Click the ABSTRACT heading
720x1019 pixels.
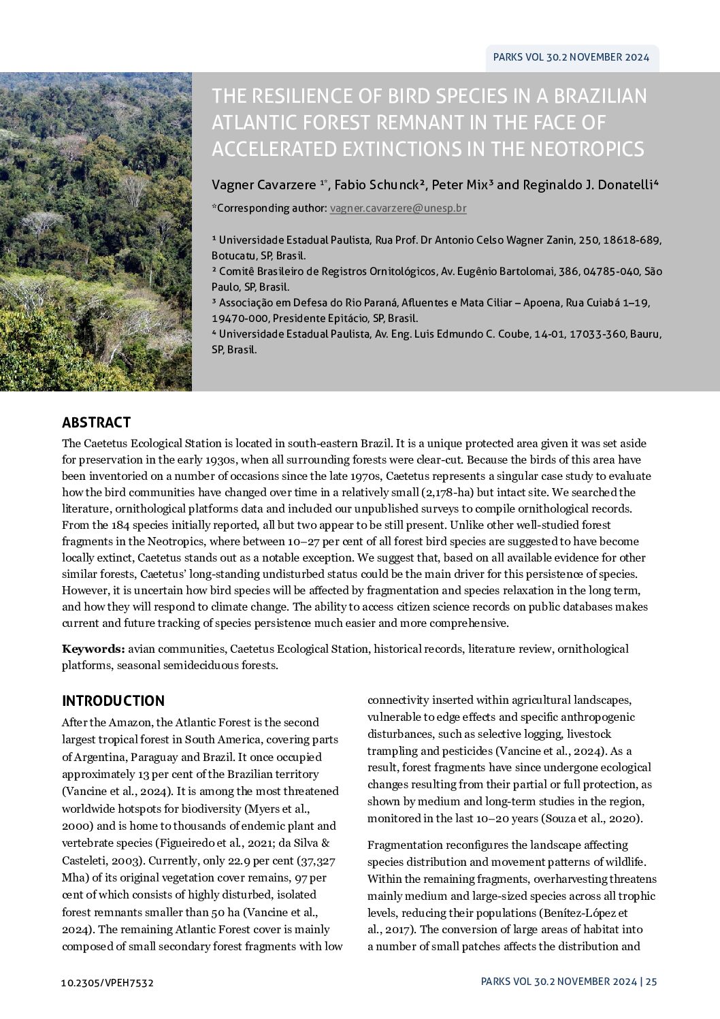(96, 423)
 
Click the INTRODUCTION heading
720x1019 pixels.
(113, 701)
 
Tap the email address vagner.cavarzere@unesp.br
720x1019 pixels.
(398, 208)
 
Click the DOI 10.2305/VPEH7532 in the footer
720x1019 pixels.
(107, 982)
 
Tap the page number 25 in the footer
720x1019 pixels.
(651, 982)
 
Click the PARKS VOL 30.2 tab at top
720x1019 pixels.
(571, 58)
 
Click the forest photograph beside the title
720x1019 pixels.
(95, 231)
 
